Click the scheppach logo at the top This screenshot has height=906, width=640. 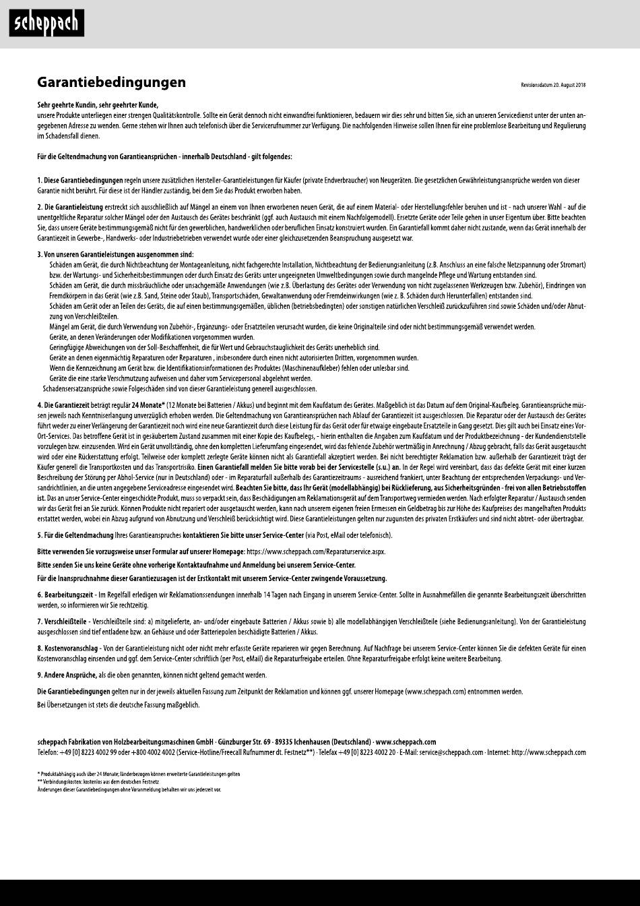pos(46,24)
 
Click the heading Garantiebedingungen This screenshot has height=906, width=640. pos(111,82)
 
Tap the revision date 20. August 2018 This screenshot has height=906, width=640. pos(553,85)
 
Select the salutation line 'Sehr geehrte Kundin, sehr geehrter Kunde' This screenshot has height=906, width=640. pos(98,105)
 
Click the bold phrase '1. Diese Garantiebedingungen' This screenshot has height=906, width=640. pos(80,181)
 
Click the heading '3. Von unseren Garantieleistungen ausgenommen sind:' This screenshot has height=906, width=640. pos(115,254)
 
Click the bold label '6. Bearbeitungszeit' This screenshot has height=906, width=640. pos(66,595)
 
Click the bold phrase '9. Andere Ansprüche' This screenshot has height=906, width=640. pos(67,675)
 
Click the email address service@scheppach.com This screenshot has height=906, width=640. pos(451,752)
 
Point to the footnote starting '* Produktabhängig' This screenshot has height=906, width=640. pos(138,773)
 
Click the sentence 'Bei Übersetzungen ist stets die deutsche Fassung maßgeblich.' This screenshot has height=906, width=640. pos(119,704)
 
